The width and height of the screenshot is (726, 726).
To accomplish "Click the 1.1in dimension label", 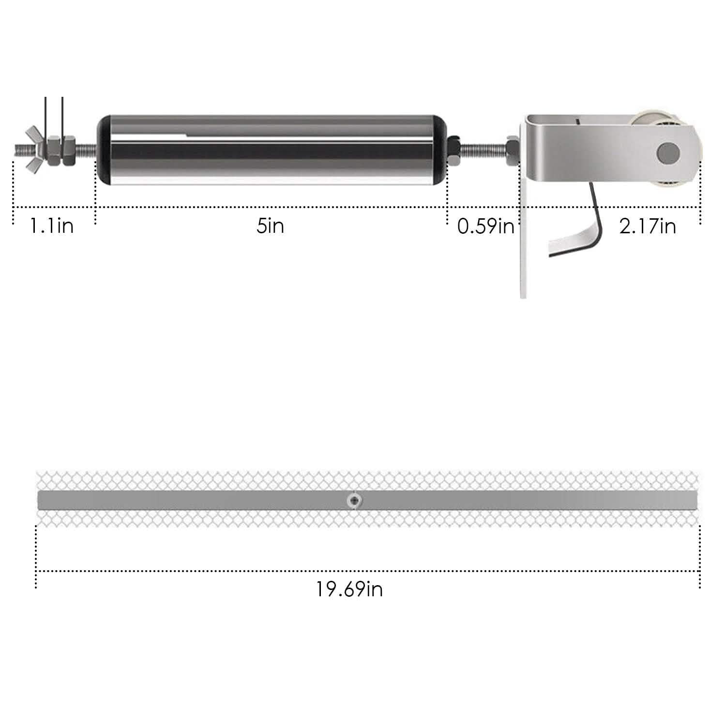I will point(52,226).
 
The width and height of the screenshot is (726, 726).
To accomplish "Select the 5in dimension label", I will point(270,226).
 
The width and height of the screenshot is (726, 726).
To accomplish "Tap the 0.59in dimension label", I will point(485,226).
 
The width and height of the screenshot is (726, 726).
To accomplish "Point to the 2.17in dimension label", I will point(647,226).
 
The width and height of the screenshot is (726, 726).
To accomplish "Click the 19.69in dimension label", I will point(349,590).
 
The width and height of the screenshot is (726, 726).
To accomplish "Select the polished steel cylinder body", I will point(271,150).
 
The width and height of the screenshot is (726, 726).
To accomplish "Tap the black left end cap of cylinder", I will point(103,150).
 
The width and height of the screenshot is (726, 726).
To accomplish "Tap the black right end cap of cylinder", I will point(439,150).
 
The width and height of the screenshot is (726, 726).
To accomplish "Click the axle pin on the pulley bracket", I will point(668,152).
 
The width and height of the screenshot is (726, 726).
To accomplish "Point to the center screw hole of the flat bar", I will point(356,500).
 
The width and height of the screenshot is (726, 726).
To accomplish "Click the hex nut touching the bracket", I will point(512,151).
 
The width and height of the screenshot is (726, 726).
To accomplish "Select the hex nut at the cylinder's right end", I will point(454,151).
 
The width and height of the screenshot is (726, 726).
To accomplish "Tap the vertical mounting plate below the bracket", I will point(523,252).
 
